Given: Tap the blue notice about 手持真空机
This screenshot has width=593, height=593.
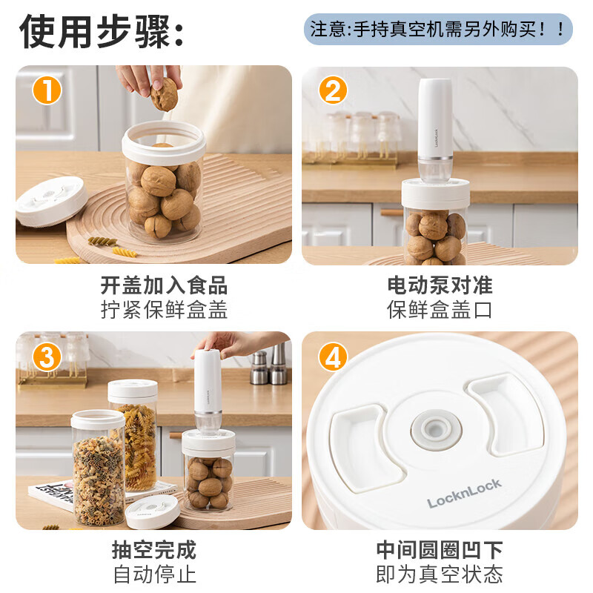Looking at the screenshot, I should click(x=438, y=30).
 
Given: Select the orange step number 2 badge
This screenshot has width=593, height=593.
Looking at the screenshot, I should click(x=333, y=91).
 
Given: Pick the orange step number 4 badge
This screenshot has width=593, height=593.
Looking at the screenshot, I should click(x=333, y=357).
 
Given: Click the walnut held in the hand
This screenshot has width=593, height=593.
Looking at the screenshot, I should click(x=164, y=94).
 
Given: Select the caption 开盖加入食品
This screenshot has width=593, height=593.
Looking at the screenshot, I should click(x=164, y=285).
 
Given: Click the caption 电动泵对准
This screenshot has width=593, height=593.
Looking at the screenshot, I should click(x=440, y=285).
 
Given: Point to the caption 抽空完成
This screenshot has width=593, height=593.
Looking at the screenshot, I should click(x=153, y=550).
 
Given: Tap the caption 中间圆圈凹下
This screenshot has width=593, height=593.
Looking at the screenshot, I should click(x=440, y=550).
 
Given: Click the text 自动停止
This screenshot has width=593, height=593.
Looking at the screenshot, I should click(x=153, y=574).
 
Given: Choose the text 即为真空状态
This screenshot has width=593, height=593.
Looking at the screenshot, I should click(x=440, y=574).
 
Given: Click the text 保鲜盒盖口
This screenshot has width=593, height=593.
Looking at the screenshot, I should click(x=440, y=309).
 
